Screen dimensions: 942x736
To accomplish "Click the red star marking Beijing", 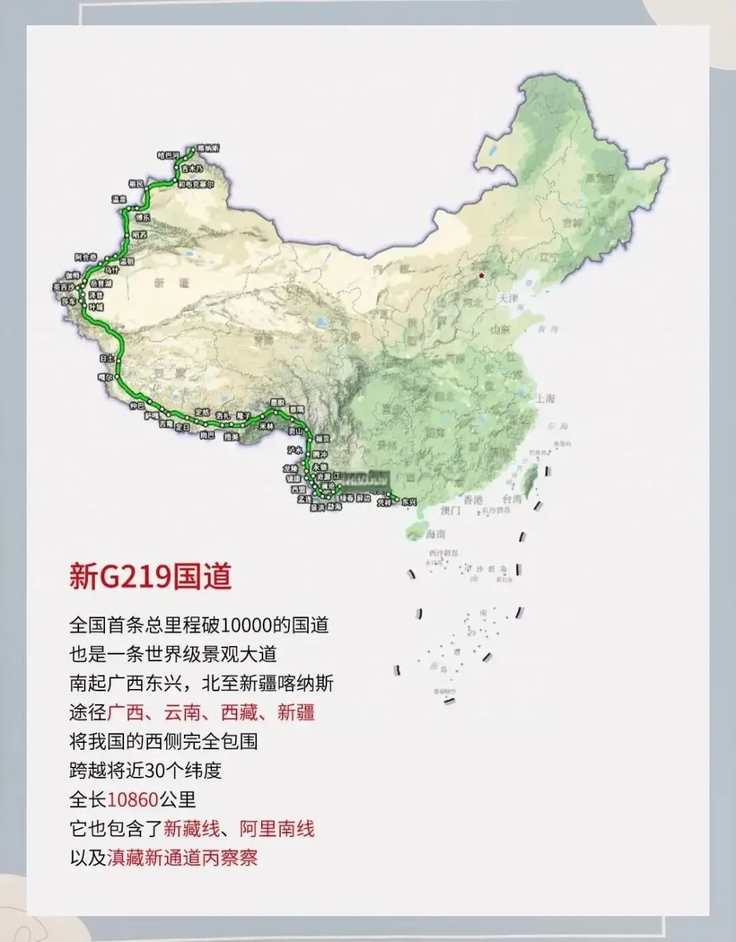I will pos(482,275).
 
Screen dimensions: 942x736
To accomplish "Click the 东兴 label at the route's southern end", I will pos(408,502).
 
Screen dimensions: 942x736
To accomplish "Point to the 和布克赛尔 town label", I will pos(196,184).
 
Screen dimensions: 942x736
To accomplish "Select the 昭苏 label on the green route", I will pos(140,234).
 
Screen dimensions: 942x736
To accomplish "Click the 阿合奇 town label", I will pos(86,257).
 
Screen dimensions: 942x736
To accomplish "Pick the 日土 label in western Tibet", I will pos(106,357).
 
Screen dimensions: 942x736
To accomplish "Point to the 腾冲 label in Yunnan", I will pos(320,455).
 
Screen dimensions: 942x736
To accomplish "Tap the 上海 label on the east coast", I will pos(545,398).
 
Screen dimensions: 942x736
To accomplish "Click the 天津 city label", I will pos(508,299).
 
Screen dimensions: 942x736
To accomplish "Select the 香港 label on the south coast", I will pos(473,500).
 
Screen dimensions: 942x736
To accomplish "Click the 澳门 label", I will pos(450,510).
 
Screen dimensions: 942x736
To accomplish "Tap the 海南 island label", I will pos(435,534).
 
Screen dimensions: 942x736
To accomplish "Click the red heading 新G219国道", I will pos(150,576).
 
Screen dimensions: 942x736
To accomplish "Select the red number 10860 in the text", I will pos(133,799).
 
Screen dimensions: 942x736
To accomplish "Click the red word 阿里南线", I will pos(277,828).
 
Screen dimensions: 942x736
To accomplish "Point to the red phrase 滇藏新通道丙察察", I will pos(183,857).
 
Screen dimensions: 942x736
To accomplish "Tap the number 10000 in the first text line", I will pos(247,624).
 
